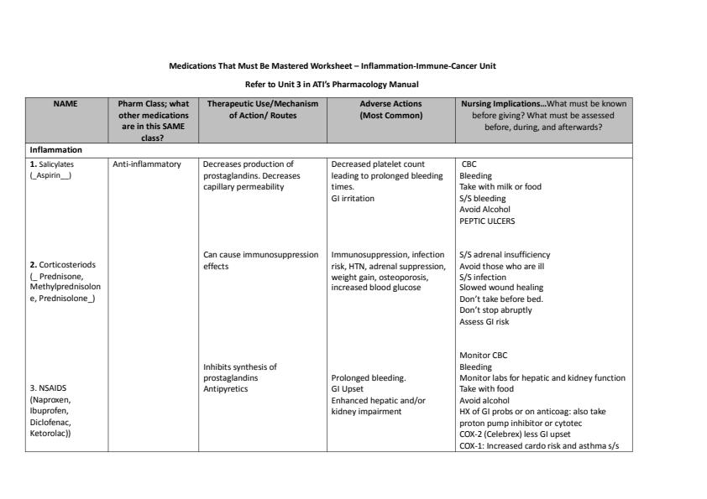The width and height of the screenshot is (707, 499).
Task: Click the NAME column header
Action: [66, 103]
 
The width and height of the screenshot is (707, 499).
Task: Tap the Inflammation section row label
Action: [56, 150]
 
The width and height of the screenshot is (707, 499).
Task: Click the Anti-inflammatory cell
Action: [147, 164]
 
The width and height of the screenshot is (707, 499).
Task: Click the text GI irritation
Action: [353, 199]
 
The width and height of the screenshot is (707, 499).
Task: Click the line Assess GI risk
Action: [484, 321]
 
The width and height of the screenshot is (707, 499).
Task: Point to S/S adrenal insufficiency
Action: [505, 254]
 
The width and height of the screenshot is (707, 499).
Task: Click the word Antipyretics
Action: [225, 388]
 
